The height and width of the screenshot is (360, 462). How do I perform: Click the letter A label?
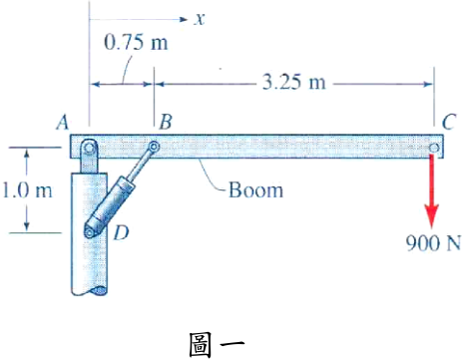click(63, 122)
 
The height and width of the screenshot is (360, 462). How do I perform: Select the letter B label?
click(166, 122)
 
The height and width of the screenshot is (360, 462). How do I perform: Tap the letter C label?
click(448, 122)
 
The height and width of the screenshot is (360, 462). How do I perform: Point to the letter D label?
click(121, 232)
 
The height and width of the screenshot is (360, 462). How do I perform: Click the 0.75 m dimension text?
click(136, 43)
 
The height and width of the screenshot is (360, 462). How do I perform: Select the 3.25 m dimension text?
click(294, 82)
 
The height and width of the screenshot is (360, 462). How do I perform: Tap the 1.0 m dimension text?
click(27, 190)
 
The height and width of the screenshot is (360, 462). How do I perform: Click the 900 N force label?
click(433, 243)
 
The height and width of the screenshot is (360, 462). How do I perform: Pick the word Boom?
click(255, 190)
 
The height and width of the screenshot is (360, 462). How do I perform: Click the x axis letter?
click(200, 19)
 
